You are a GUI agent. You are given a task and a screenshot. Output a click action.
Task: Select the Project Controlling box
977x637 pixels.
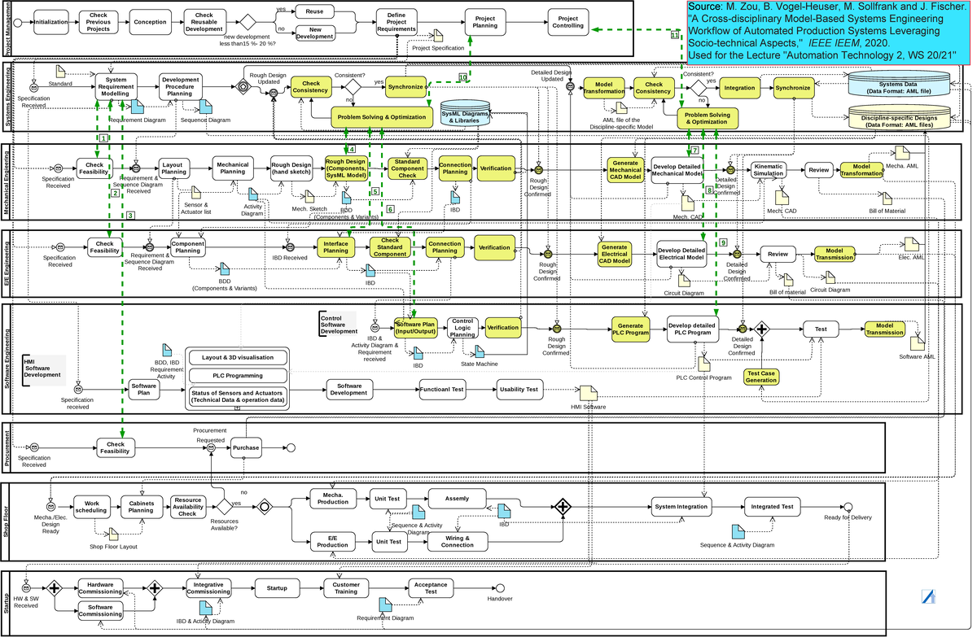[x=569, y=24]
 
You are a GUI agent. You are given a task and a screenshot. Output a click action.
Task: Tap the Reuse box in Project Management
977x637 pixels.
[x=315, y=13]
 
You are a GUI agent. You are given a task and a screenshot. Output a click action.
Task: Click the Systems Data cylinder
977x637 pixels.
[x=899, y=88]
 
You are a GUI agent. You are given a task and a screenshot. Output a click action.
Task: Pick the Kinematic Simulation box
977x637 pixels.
[x=769, y=169]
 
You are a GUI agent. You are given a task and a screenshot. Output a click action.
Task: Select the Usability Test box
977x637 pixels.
[x=519, y=390]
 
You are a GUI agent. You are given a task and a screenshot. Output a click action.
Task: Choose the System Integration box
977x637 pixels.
[x=681, y=507]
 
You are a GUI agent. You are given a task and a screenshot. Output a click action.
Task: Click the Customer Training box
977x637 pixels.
[x=347, y=587]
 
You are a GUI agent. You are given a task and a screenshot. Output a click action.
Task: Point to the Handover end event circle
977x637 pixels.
[x=500, y=588]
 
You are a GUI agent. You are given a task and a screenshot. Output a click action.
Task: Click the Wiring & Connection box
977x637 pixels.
[x=457, y=541]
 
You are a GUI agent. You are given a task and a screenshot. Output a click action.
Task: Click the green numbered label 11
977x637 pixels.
[x=674, y=36]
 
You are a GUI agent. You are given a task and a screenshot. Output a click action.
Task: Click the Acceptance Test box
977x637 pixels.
[x=431, y=587]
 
